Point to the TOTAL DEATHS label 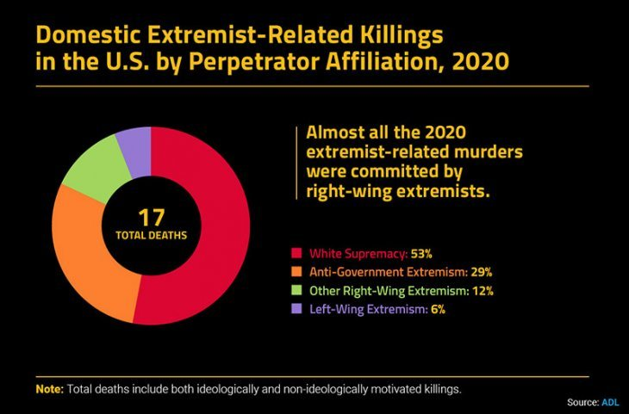click(151, 234)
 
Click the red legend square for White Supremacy click(297, 254)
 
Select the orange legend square click(297, 272)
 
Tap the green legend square click(297, 291)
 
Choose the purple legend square click(297, 309)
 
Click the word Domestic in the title click(87, 35)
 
